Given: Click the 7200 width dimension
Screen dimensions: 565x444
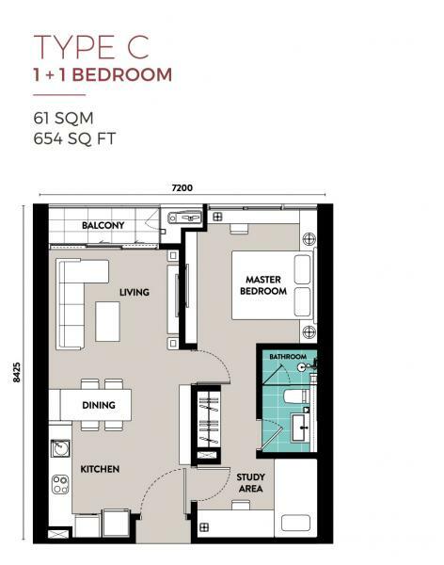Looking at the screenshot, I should pos(182,188).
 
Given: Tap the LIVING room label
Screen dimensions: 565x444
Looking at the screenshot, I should pos(135,292).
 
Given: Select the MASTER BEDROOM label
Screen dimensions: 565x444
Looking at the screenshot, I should pos(265,285).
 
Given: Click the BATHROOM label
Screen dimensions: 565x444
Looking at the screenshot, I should pos(287,357).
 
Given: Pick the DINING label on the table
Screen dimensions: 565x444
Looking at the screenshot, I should pos(98,405).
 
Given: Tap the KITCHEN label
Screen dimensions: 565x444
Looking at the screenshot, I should pos(98,469).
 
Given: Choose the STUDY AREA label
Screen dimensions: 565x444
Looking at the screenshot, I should pos(250,483).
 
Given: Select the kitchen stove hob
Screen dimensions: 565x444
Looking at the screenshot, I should pos(60,485).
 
